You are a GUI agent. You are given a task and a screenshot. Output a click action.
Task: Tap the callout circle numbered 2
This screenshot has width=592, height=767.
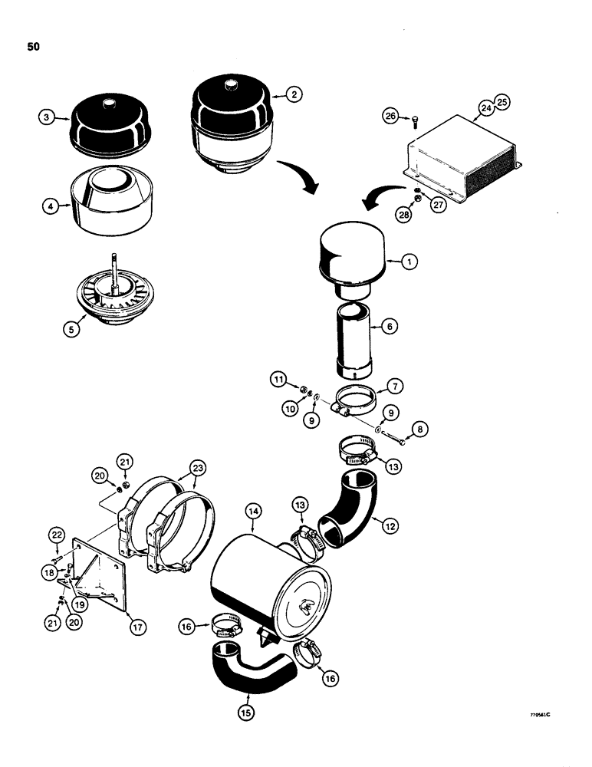294,94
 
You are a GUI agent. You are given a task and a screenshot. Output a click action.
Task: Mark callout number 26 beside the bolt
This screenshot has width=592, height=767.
391,116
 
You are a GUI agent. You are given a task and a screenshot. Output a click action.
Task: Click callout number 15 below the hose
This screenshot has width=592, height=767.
247,711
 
